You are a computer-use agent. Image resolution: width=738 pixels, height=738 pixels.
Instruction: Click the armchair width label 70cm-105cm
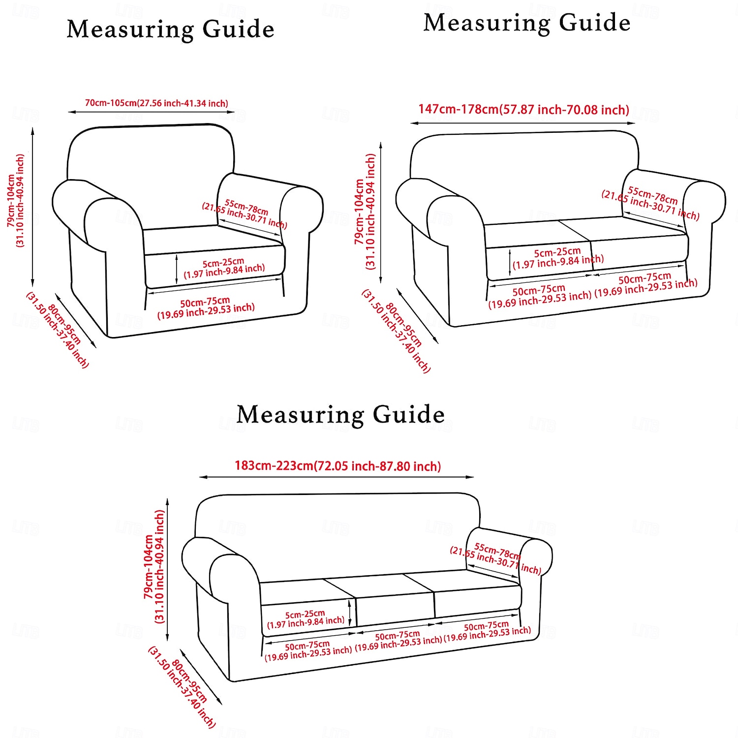156,103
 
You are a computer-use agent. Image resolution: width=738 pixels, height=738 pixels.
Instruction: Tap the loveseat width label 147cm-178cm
523,109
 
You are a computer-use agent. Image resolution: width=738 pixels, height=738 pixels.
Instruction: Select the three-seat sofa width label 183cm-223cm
338,465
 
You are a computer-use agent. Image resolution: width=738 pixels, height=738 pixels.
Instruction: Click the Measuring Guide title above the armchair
170,30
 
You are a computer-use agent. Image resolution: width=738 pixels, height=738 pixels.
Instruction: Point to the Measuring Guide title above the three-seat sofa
340,414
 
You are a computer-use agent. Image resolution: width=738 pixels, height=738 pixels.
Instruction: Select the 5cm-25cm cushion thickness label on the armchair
224,268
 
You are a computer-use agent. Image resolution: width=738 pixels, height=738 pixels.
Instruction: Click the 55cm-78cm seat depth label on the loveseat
650,203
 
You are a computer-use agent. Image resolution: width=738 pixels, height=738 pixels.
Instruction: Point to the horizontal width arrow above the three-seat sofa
337,477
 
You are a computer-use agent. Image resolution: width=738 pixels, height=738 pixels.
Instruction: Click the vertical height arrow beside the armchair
33,207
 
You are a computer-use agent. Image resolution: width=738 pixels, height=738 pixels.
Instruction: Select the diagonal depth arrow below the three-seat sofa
201,676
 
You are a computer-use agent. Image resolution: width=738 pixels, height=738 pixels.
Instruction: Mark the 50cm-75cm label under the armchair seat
206,307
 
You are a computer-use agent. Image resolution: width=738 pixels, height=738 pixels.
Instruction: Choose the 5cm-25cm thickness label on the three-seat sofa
305,619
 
